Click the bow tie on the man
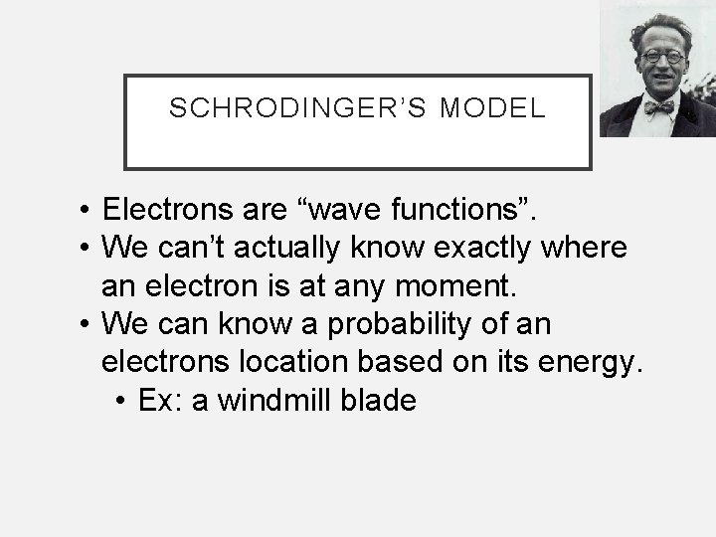(657, 105)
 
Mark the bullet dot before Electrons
(88, 211)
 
